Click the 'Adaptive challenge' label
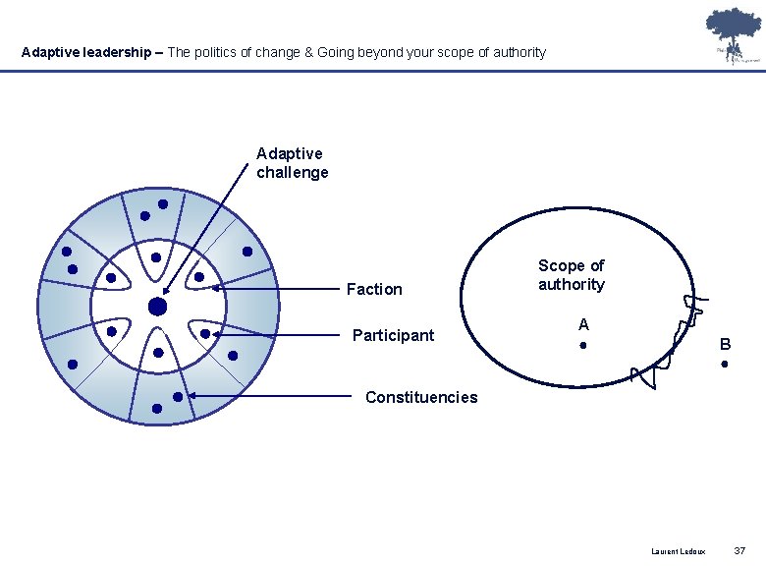click(292, 163)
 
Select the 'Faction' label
click(374, 289)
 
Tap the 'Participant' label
click(393, 335)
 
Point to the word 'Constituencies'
click(421, 397)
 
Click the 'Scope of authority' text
click(572, 275)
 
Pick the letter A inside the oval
click(583, 324)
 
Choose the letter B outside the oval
click(725, 345)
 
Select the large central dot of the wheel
click(157, 308)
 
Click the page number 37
click(739, 550)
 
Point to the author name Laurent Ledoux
click(678, 551)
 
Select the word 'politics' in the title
click(220, 52)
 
